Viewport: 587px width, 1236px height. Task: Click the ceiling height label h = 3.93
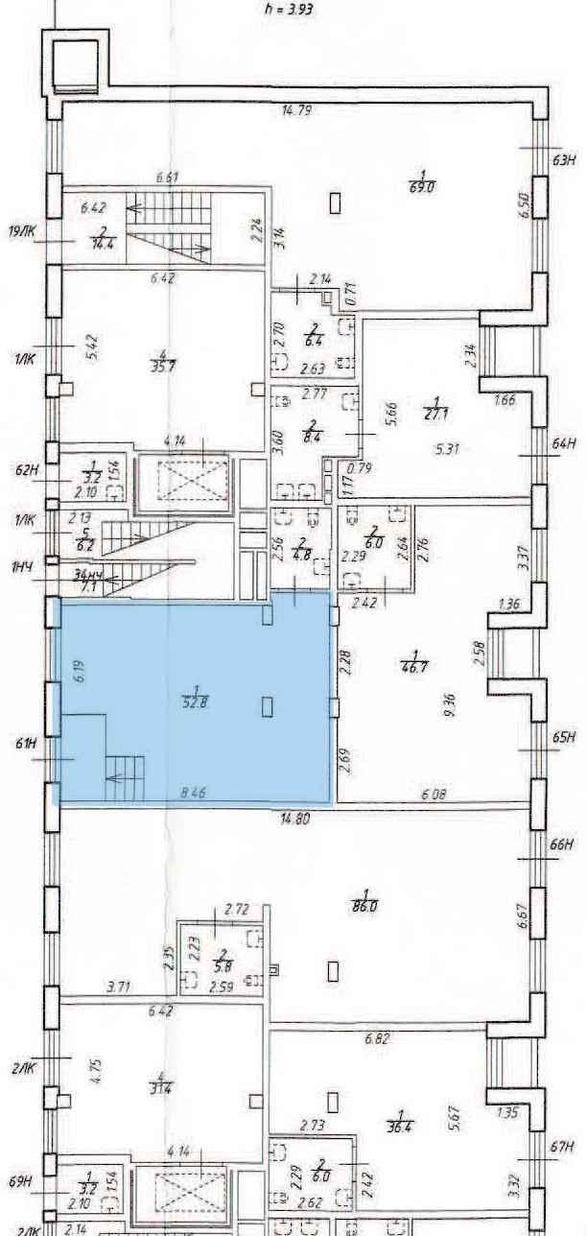point(289,11)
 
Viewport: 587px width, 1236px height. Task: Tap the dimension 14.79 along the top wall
point(295,111)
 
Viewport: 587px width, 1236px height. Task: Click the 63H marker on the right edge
point(563,160)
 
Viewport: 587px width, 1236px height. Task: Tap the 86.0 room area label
point(363,905)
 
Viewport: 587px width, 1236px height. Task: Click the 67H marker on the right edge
point(563,1147)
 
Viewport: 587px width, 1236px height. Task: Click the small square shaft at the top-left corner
point(75,64)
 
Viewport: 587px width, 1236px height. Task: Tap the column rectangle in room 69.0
point(335,202)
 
